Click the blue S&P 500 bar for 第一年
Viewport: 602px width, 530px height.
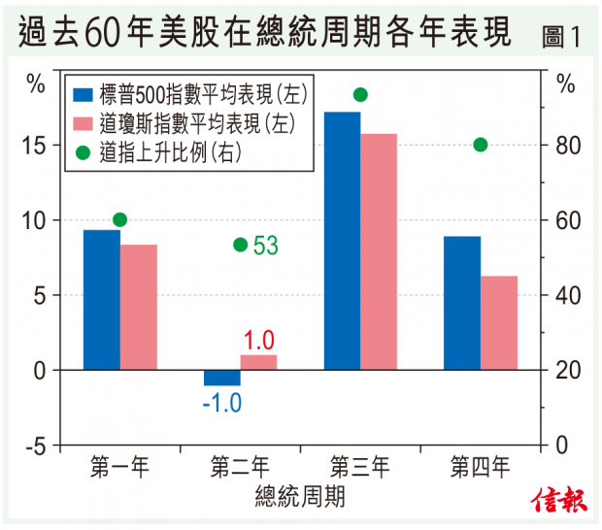101,300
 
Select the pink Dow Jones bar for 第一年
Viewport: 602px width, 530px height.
138,307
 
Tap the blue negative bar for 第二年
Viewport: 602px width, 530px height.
221,378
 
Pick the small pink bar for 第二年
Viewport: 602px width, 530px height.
258,362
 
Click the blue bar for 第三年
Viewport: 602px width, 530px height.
342,241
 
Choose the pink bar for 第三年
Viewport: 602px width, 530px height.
379,251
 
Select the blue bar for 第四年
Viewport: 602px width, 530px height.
462,303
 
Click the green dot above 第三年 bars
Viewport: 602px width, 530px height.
360,94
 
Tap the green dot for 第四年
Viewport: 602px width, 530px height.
481,145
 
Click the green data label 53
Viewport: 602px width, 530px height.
265,245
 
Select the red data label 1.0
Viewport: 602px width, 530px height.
258,340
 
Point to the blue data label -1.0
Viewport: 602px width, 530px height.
221,402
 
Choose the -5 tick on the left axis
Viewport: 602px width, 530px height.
35,446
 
